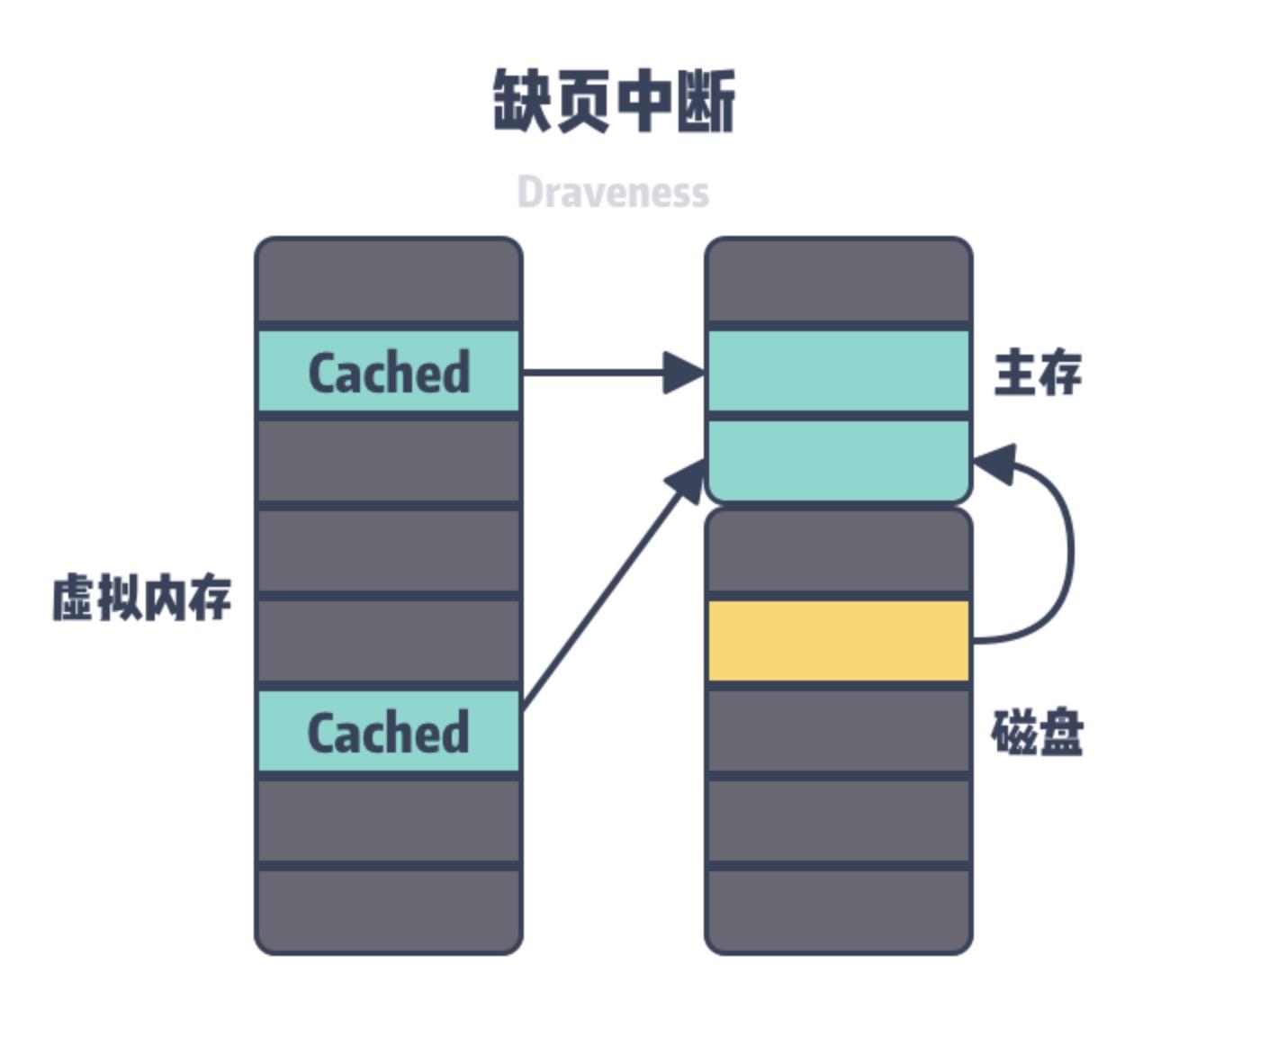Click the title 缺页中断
614,102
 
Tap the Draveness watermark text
613,192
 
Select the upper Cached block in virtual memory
389,372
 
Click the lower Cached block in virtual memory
389,732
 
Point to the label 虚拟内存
142,598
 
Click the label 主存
1037,373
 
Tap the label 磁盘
1037,733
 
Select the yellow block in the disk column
839,641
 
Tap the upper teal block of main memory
839,371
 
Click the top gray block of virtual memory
389,281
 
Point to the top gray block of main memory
839,281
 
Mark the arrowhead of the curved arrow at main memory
994,464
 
